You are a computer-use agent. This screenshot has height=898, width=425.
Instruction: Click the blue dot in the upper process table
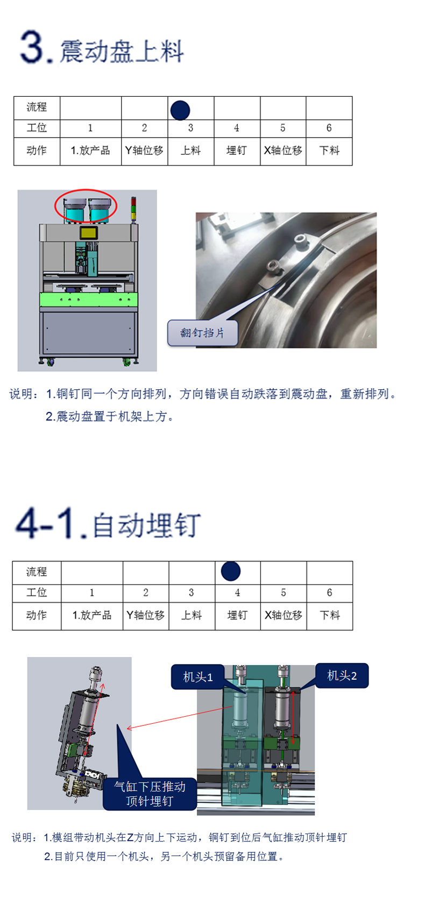tap(180, 110)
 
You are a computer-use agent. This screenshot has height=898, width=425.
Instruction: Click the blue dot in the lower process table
tap(231, 571)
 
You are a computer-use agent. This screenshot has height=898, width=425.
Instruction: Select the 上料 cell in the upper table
tap(191, 151)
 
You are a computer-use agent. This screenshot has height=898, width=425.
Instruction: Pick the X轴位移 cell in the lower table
tap(284, 615)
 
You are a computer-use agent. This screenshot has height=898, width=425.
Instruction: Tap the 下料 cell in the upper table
tap(329, 151)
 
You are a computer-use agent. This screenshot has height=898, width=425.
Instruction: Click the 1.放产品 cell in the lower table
tap(92, 615)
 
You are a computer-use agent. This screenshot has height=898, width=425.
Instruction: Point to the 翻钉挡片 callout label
tap(202, 333)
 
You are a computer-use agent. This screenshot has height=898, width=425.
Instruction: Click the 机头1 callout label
tap(197, 677)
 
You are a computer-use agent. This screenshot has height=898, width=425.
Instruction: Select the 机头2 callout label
tap(342, 675)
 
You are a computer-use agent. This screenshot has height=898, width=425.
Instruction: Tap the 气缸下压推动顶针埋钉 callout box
tap(150, 794)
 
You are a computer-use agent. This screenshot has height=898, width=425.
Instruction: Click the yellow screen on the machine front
tap(88, 233)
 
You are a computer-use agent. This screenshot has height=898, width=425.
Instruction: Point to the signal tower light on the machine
tap(133, 209)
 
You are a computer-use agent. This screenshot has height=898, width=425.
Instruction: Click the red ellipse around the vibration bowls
tap(86, 190)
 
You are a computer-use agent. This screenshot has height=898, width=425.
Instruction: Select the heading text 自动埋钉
tap(146, 525)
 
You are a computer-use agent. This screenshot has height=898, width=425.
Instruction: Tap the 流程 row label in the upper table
tap(37, 107)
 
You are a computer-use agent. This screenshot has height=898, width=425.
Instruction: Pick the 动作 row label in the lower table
tap(37, 615)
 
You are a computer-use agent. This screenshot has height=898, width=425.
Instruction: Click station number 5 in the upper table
tap(282, 128)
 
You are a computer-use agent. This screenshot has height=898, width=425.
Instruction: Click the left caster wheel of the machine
tap(49, 362)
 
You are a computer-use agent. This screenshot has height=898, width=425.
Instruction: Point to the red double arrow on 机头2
tap(293, 718)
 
